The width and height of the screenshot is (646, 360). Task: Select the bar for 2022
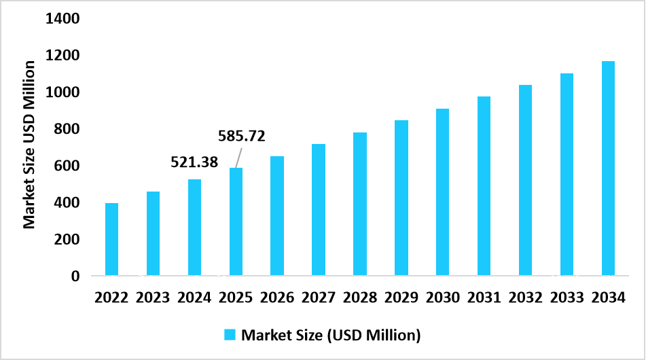[111, 239]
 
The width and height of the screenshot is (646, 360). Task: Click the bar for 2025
[236, 221]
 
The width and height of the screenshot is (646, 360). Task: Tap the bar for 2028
[360, 204]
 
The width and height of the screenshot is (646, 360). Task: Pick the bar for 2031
[484, 186]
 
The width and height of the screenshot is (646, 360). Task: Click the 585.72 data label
[241, 136]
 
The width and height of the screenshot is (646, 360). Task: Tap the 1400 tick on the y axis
[62, 18]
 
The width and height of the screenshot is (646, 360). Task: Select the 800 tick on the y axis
[67, 129]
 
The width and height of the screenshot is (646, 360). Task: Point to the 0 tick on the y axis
[75, 276]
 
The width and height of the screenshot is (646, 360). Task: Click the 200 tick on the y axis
[67, 240]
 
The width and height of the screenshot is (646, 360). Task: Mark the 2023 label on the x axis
[153, 298]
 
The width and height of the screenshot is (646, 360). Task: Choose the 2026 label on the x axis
[277, 298]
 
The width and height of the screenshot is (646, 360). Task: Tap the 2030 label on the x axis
[443, 298]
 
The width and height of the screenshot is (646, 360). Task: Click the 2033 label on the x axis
[567, 298]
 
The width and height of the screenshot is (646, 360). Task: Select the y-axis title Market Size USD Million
[30, 144]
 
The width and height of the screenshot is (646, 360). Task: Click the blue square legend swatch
[230, 334]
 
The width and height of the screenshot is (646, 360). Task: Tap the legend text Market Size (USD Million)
[331, 334]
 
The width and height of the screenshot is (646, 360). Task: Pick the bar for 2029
[401, 198]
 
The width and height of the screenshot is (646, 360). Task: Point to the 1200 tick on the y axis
[62, 56]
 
